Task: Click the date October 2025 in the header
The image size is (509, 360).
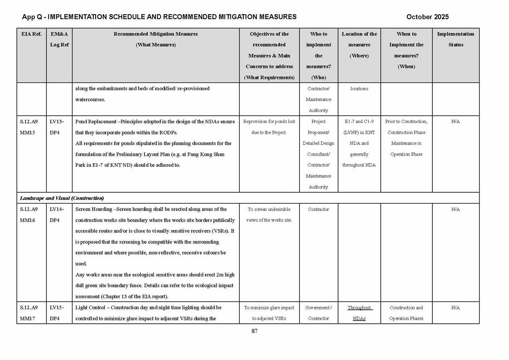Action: [x=427, y=17]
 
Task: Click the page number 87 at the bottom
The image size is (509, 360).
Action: [x=254, y=331]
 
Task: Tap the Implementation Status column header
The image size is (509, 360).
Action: [x=456, y=39]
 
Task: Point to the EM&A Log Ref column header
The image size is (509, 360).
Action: [x=59, y=39]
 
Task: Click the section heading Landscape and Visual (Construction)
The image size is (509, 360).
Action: [x=62, y=198]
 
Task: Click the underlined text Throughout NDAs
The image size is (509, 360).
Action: [x=359, y=313]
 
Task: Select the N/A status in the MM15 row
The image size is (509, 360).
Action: [x=456, y=122]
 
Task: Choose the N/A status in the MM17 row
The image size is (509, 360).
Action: [x=456, y=307]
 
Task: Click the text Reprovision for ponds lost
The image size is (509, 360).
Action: [x=269, y=122]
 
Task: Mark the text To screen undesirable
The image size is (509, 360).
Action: [x=269, y=209]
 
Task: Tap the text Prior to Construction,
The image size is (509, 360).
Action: [x=406, y=122]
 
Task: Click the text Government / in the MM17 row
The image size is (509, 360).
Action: [x=319, y=307]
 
